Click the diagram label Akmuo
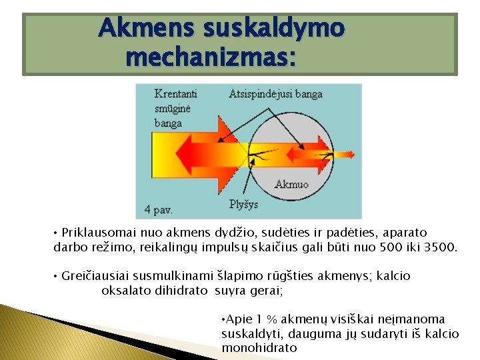click(x=291, y=184)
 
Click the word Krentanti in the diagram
click(x=175, y=93)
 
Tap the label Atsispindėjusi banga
click(x=275, y=93)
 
